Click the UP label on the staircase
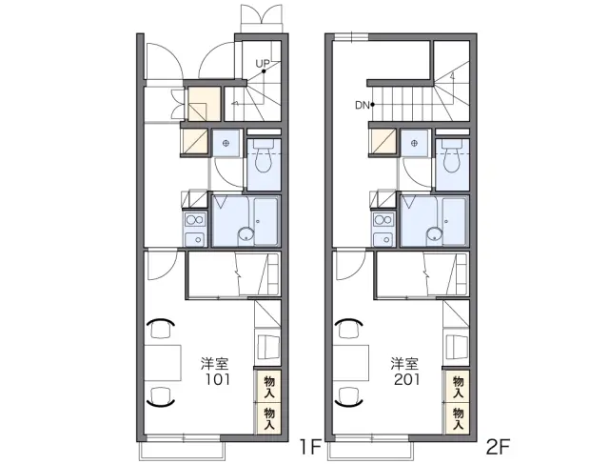point(263,63)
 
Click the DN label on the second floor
point(362,105)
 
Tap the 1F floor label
point(309,447)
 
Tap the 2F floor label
point(498,447)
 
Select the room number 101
point(218,379)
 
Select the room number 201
point(406,379)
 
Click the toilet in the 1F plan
point(264,156)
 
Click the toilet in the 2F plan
point(453,156)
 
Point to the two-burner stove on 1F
point(195,220)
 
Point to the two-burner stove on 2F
point(383,220)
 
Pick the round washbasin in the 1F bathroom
point(246,234)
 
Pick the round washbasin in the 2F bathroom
point(434,234)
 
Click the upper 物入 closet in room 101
point(268,387)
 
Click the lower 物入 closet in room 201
point(458,419)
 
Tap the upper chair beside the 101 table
point(160,328)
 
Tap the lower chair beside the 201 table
point(349,397)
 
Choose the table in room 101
point(163,362)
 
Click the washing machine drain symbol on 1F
point(226,144)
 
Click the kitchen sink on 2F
point(383,239)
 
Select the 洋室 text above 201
point(404,363)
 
